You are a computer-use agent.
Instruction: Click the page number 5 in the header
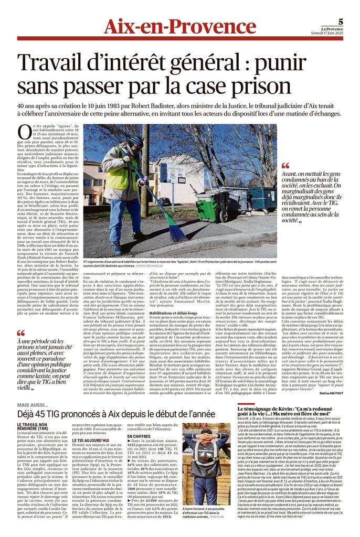coord(341,22)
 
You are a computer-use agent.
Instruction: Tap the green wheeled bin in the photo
coord(222,210)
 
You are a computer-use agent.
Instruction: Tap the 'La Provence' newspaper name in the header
coord(333,29)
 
